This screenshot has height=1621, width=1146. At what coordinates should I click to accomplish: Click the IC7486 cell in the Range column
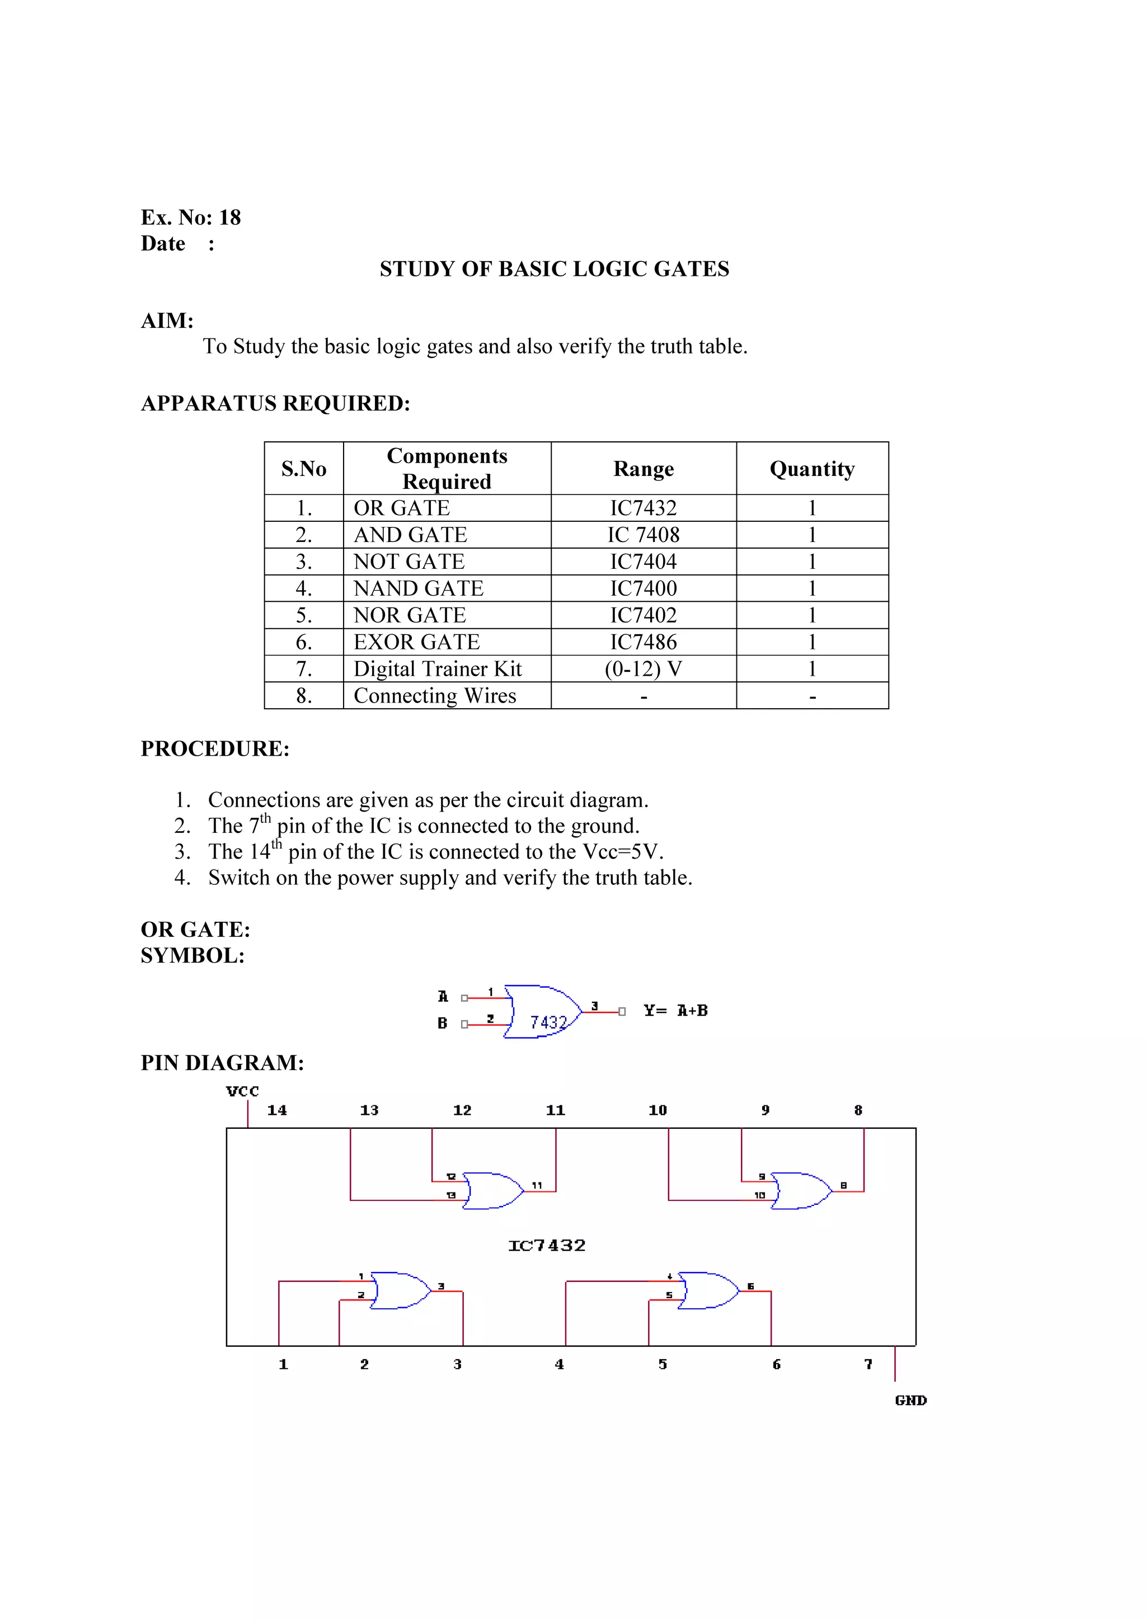(x=644, y=642)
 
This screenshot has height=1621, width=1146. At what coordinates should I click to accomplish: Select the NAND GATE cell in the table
(x=419, y=588)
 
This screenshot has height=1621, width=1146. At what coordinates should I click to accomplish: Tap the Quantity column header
(x=812, y=469)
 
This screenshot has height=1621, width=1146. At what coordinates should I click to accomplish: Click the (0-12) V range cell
(x=644, y=668)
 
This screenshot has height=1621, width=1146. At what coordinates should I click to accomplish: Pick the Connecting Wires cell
(x=435, y=695)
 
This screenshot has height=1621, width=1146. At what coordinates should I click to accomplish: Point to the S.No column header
(x=304, y=469)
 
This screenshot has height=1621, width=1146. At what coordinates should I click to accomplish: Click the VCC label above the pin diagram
(x=242, y=1091)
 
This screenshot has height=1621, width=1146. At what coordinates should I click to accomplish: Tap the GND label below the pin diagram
(x=910, y=1400)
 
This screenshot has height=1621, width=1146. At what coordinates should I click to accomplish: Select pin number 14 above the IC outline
(x=277, y=1110)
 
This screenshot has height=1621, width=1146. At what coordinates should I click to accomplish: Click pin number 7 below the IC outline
(x=868, y=1364)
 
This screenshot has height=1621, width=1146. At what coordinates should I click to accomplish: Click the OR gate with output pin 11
(x=494, y=1191)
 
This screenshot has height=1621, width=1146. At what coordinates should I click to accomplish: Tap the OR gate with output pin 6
(x=708, y=1290)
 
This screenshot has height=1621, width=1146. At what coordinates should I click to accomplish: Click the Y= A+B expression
(x=676, y=1010)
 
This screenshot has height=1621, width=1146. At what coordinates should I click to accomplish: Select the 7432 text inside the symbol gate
(x=548, y=1022)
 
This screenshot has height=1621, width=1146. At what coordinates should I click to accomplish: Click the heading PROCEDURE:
(x=215, y=748)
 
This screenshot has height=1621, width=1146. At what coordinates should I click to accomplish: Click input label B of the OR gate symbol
(x=442, y=1023)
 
